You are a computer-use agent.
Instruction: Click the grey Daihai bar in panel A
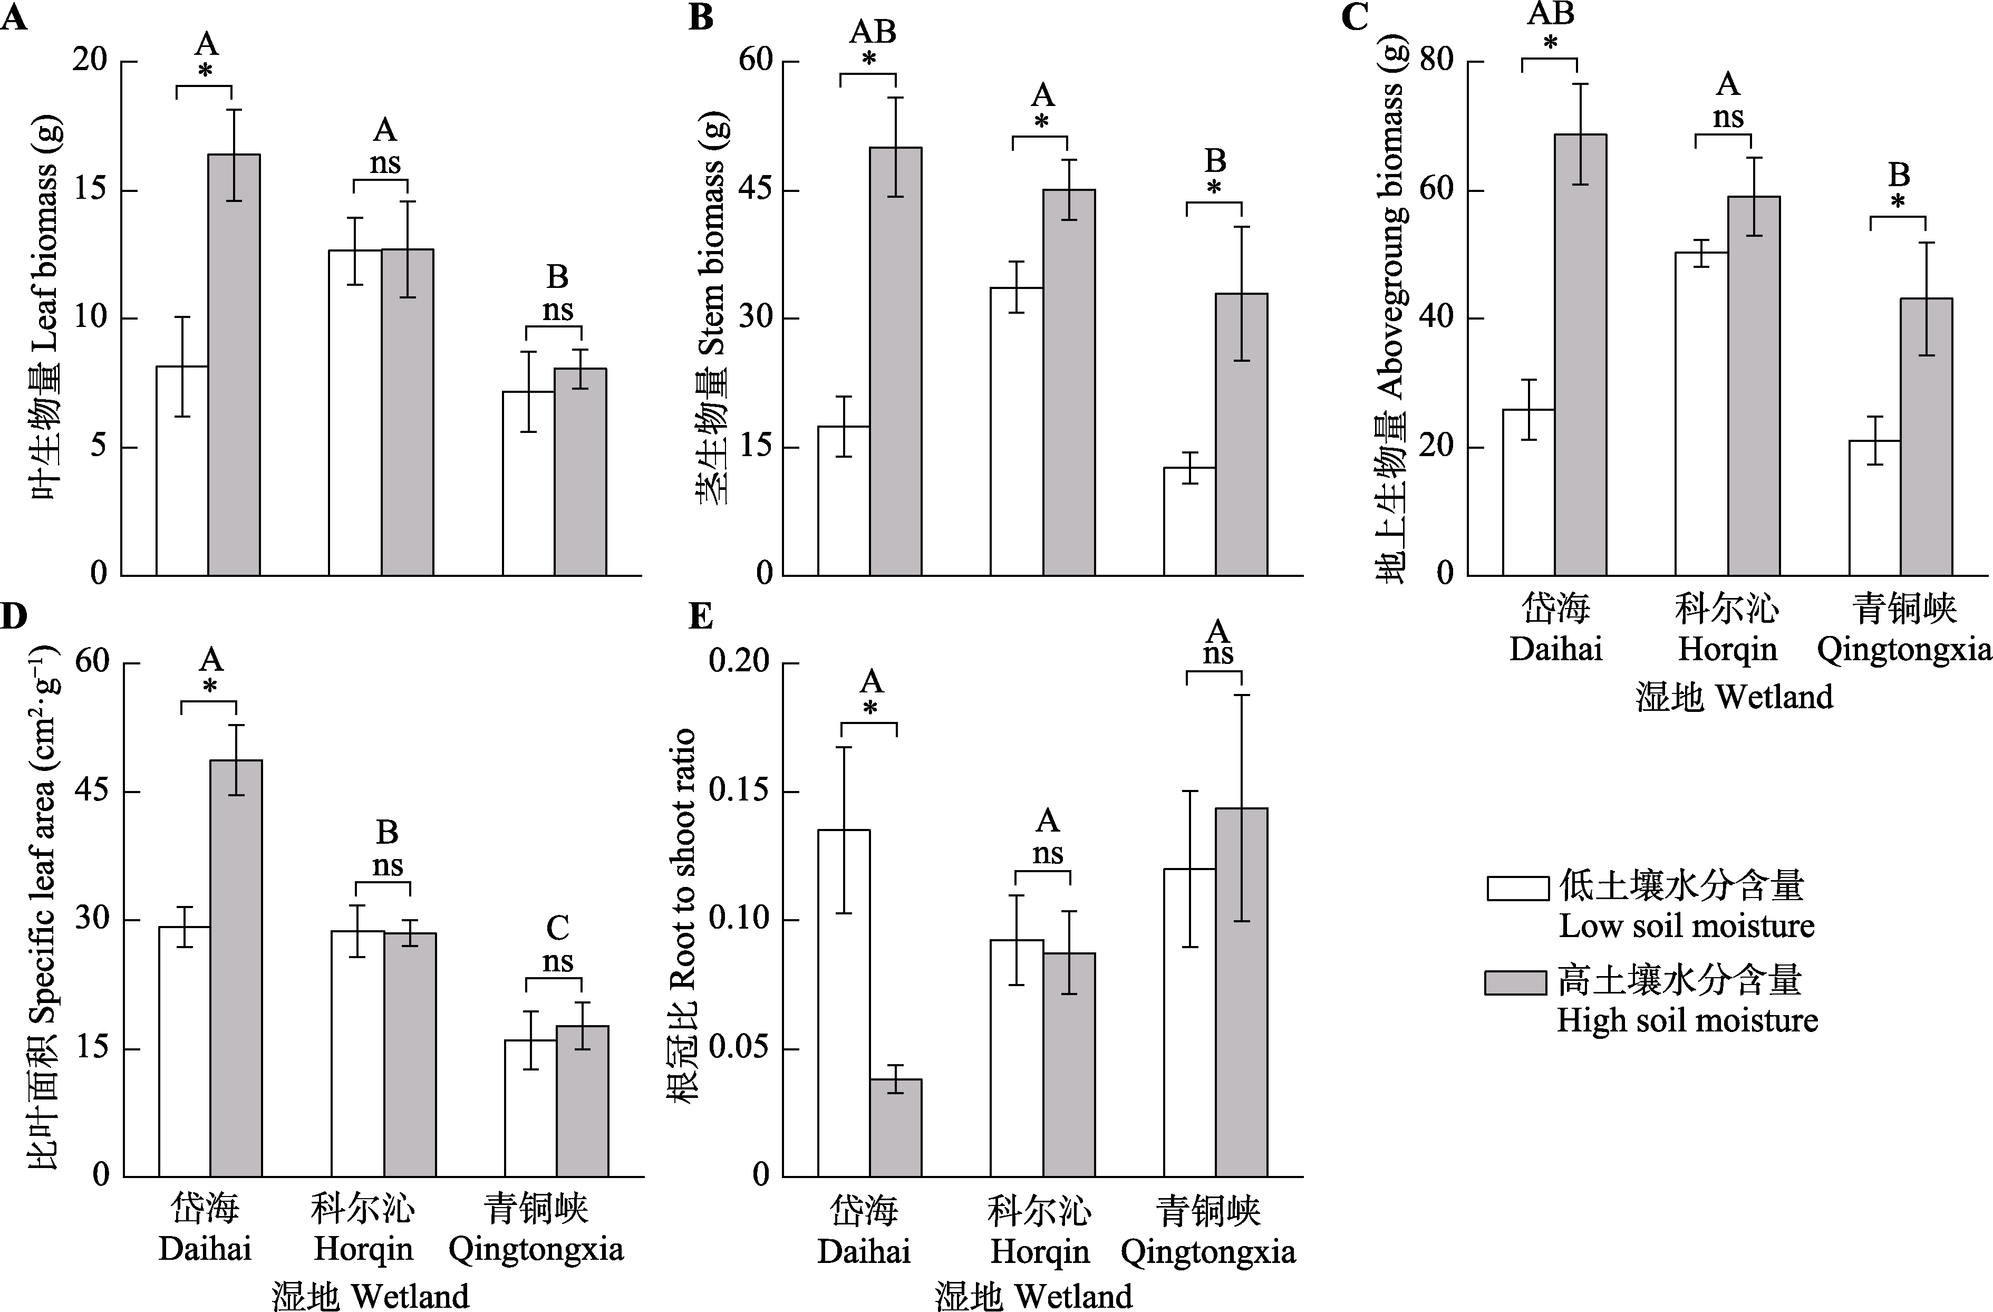coord(234,364)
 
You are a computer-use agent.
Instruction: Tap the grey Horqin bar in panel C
coord(1754,385)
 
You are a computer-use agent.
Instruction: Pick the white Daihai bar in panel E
coord(843,1002)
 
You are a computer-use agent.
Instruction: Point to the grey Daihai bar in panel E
coord(895,1127)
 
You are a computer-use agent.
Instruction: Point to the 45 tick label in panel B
coord(756,190)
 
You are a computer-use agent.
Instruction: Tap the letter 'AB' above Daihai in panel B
coord(873,32)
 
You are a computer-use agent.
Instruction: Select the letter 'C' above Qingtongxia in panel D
coord(558,928)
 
